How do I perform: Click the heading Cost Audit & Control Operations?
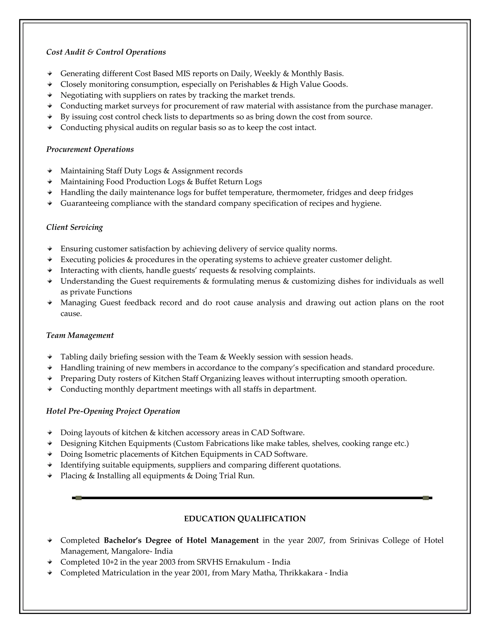[106, 52]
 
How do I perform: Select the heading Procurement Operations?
[90, 149]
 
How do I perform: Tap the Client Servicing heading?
[75, 227]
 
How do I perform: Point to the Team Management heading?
[80, 335]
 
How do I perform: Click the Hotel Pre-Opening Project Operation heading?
[113, 411]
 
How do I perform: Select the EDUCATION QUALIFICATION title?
[245, 519]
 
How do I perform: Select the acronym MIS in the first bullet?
[183, 74]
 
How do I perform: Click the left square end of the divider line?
[78, 498]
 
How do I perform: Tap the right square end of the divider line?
[426, 498]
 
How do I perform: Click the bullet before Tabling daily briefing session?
[50, 357]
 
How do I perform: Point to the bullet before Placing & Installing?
[50, 476]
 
